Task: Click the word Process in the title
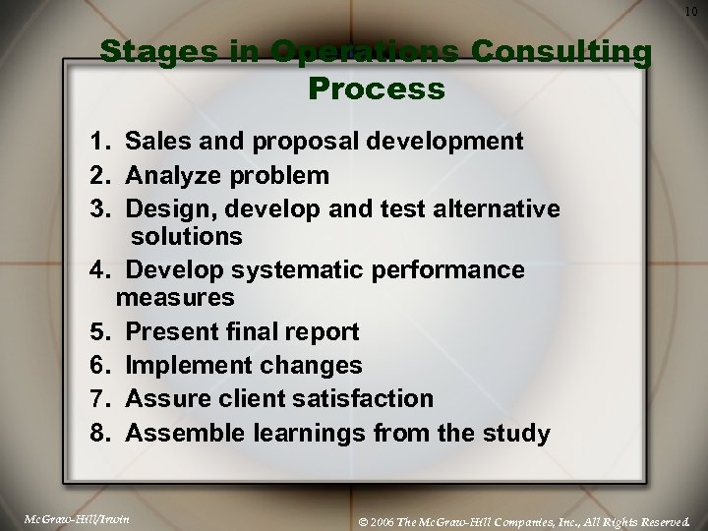click(377, 89)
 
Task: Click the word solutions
click(186, 236)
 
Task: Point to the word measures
click(175, 295)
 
